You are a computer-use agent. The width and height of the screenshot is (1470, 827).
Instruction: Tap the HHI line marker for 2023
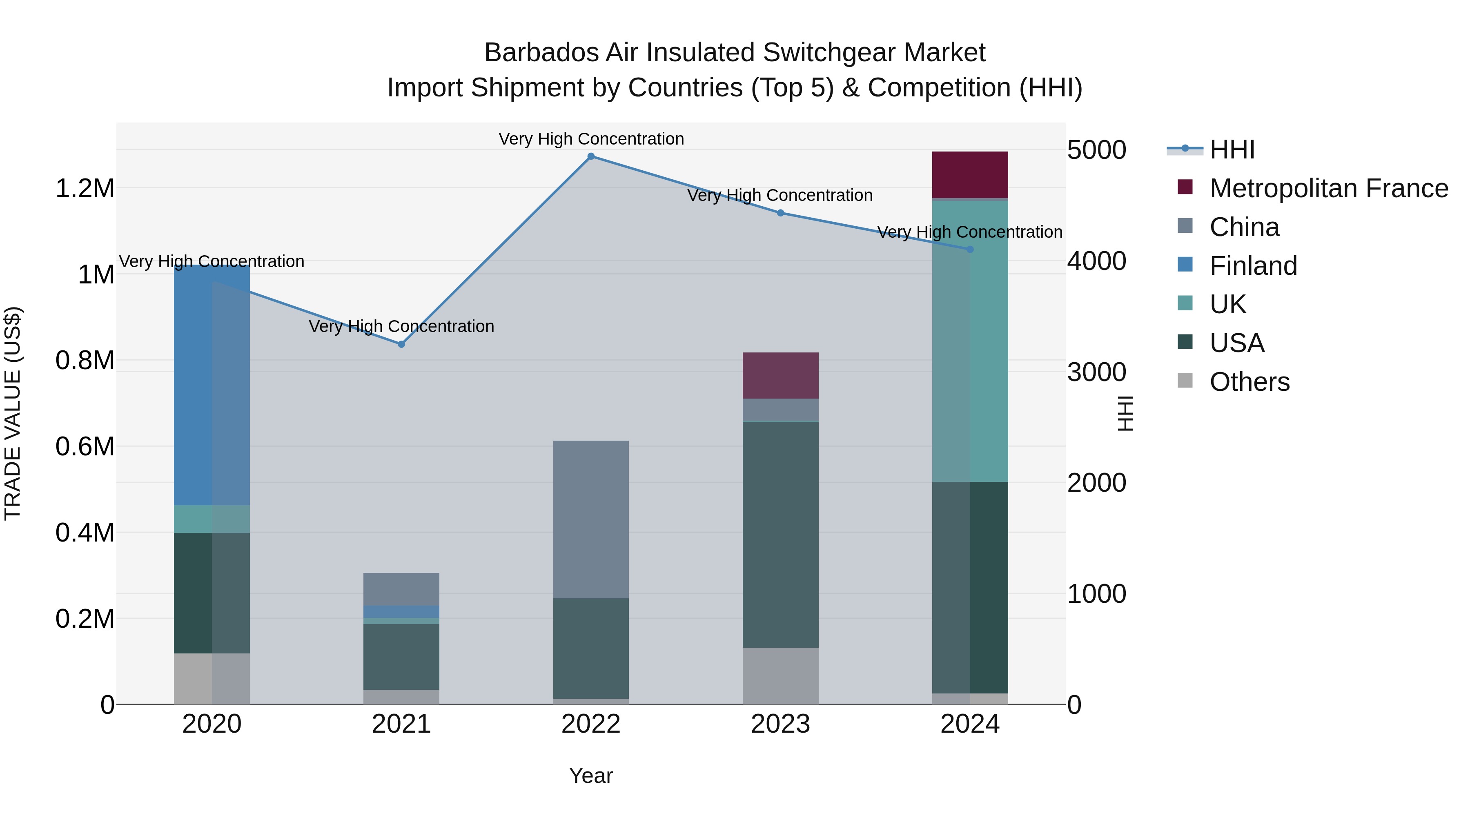pos(781,213)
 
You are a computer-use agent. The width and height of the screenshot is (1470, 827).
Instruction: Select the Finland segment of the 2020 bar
pos(212,385)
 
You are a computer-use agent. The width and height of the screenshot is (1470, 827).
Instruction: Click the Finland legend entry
pos(1253,266)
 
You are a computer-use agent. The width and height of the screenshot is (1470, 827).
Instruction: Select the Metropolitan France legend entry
pos(1328,188)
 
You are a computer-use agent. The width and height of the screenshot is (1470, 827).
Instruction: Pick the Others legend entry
pos(1249,382)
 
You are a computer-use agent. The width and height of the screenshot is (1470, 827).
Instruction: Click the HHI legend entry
pos(1232,149)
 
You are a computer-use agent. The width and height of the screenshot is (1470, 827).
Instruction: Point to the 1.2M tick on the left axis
pos(85,188)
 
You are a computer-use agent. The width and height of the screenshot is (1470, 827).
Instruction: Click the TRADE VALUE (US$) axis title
pos(13,413)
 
